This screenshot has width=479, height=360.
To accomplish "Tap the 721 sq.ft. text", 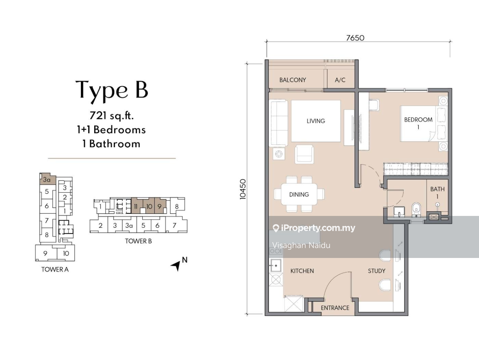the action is [111, 115].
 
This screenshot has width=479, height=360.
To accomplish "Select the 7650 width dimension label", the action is [355, 38].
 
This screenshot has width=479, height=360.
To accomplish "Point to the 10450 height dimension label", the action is [243, 189].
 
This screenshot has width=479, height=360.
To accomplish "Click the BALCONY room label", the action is [293, 80].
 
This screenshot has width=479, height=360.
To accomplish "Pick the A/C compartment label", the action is [340, 80].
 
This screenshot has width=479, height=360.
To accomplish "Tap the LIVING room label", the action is [316, 121].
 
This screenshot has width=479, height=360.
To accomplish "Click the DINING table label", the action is [299, 194].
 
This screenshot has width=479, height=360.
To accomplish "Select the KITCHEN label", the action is [302, 271].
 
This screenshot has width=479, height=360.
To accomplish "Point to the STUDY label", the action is [377, 271].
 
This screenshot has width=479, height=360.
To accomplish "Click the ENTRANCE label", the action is [335, 308].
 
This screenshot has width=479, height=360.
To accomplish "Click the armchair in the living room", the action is [304, 154].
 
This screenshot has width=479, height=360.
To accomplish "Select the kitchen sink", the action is [276, 266].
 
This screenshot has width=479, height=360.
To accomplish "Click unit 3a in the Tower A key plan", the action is [47, 180].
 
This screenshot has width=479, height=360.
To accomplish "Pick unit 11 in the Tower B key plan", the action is [136, 206].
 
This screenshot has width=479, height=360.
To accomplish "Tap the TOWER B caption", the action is [138, 241].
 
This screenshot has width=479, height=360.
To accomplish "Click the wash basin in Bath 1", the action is [399, 212].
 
